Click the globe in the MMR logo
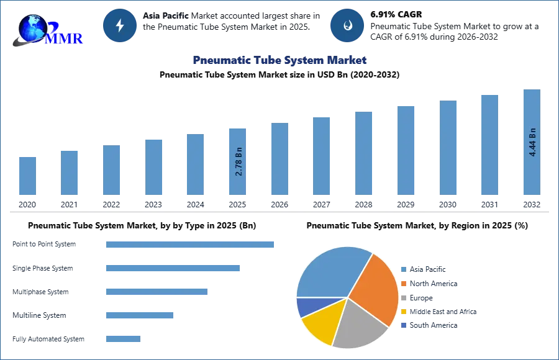coord(32,27)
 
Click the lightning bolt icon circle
coord(120,25)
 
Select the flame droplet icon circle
coord(347,25)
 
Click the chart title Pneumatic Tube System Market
coord(279,61)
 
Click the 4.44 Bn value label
coord(532,142)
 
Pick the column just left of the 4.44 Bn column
coord(488,146)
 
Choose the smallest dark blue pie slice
coord(306,306)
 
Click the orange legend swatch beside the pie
coord(402,283)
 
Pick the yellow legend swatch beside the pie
coord(402,312)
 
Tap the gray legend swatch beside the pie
coord(402,297)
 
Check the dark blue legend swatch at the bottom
coord(402,325)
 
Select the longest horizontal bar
coord(191,244)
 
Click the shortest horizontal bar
coord(124,338)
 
